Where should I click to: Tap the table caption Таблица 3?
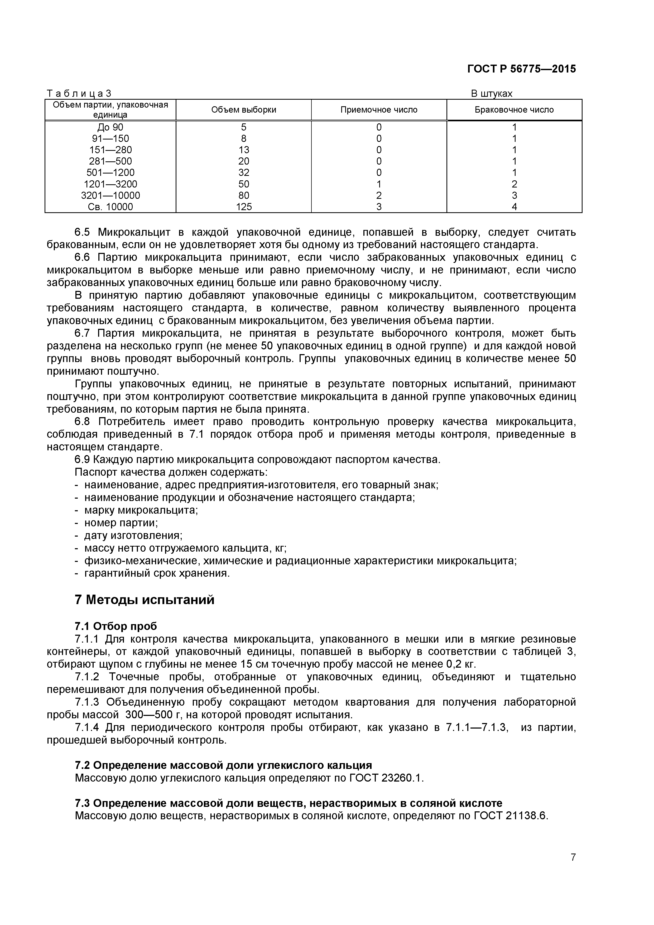(79, 93)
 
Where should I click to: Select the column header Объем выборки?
(243, 110)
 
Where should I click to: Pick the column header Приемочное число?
(379, 110)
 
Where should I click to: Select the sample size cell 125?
(243, 207)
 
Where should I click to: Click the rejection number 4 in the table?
(514, 207)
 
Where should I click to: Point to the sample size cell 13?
(243, 150)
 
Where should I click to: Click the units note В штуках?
(492, 93)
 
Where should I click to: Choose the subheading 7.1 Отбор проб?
(116, 626)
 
